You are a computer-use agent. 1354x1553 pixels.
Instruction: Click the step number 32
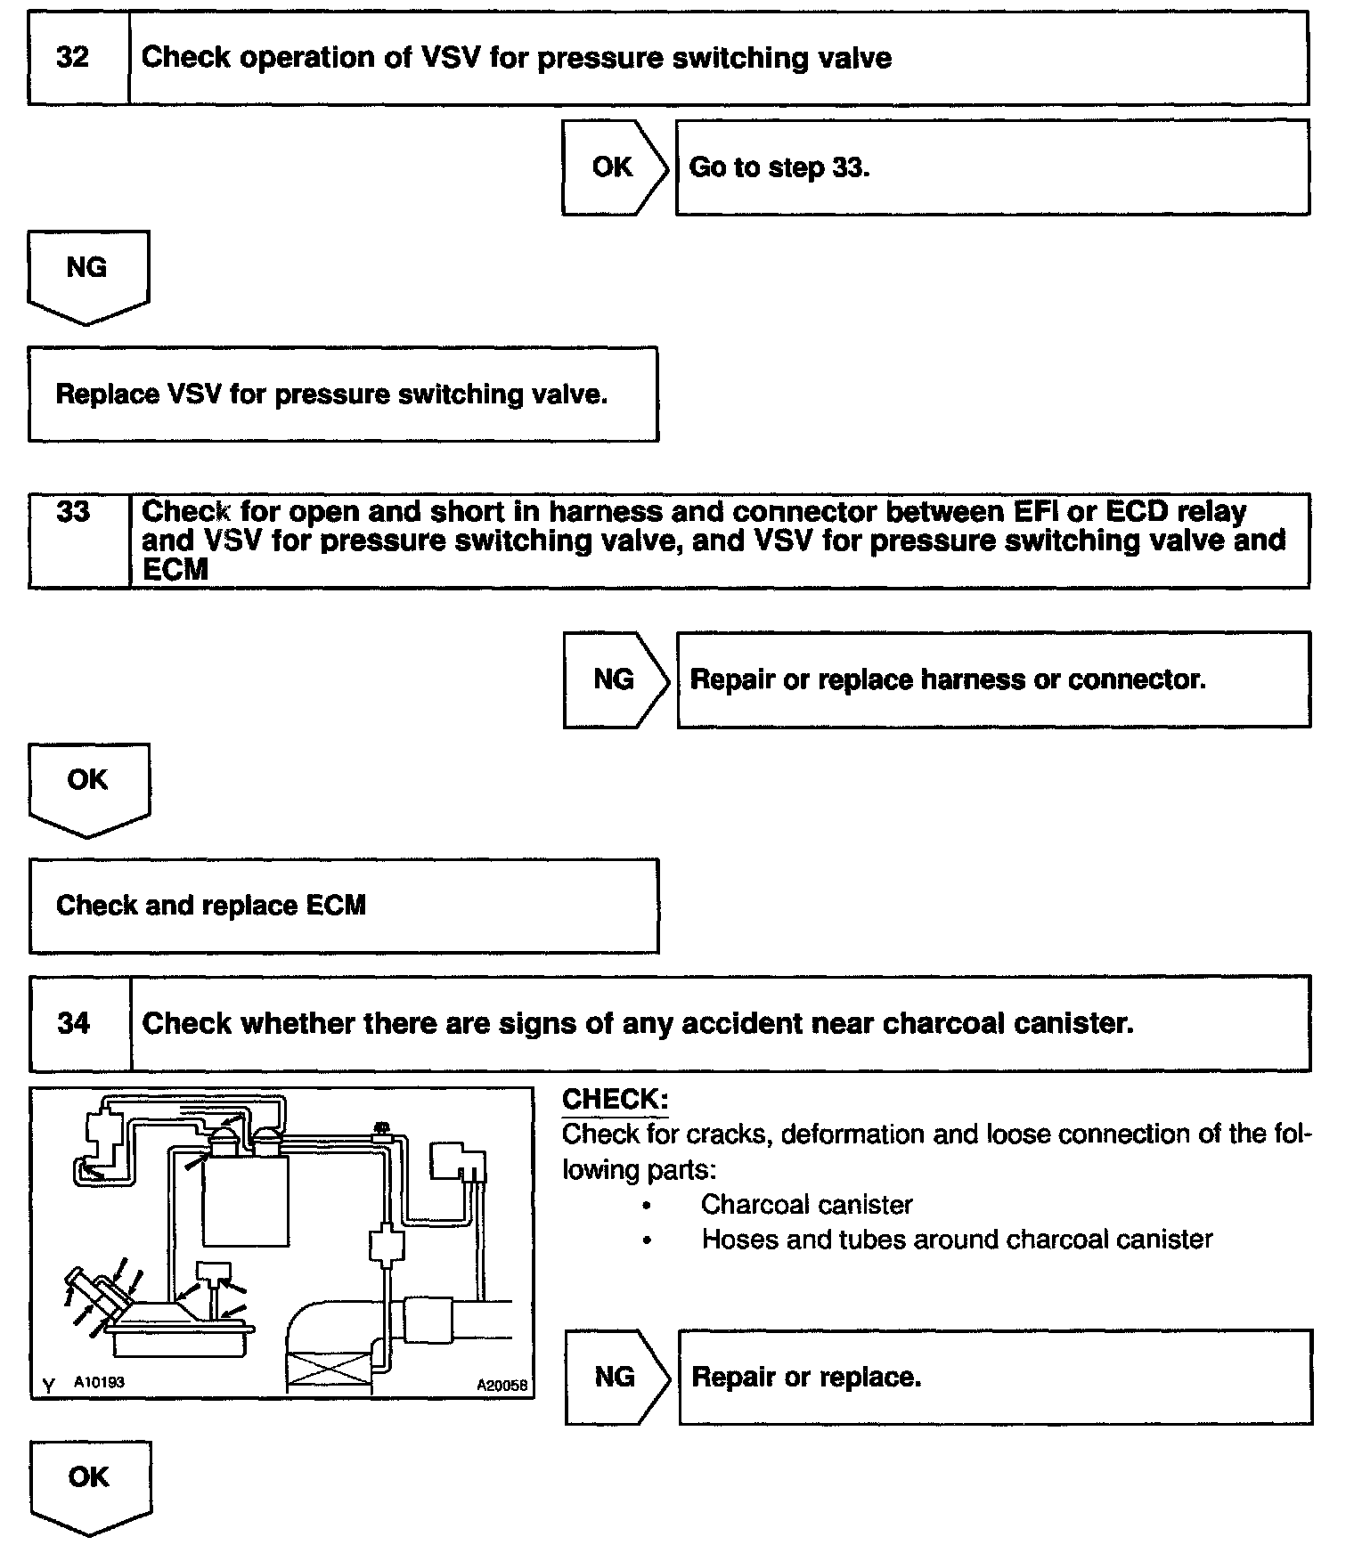tap(73, 58)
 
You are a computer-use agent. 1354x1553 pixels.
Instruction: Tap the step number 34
tap(74, 1023)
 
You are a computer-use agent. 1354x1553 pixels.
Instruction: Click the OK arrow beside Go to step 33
tap(613, 167)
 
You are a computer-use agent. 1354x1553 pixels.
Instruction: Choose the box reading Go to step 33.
tap(991, 167)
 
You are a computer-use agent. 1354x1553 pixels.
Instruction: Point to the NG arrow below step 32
tap(87, 271)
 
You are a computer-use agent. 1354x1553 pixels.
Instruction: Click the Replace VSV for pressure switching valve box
tap(343, 394)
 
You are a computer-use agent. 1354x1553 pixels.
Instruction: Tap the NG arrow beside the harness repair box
tap(614, 679)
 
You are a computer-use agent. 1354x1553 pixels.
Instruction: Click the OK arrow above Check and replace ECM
tap(87, 784)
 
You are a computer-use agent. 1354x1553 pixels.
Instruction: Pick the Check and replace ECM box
tap(343, 906)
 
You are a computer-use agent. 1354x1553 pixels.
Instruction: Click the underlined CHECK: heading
tap(615, 1100)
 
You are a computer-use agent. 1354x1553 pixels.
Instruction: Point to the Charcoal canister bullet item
tap(806, 1205)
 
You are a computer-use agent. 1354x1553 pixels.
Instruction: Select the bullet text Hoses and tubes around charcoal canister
tap(957, 1240)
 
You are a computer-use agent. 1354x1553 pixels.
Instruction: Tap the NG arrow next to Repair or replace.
tap(615, 1377)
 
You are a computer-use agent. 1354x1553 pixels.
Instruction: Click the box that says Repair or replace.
tap(994, 1377)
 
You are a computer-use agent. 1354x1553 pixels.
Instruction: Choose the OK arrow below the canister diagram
tap(89, 1481)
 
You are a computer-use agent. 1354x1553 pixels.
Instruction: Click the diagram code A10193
tap(99, 1383)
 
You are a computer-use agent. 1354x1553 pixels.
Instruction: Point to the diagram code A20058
tap(502, 1385)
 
